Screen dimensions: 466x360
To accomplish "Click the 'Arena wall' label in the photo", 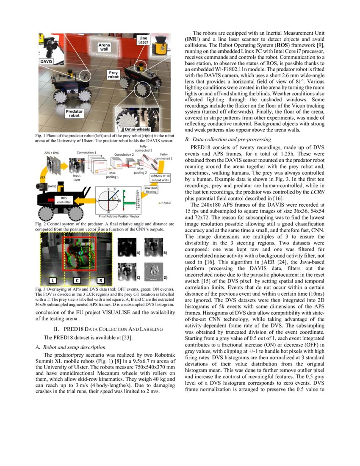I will click(104, 47).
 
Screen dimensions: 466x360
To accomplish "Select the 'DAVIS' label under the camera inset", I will click(47, 62).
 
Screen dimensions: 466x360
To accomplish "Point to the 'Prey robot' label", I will click(113, 75).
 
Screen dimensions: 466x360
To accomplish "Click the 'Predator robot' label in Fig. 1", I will click(74, 113).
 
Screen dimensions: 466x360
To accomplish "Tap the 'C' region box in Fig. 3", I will click(76, 280).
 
